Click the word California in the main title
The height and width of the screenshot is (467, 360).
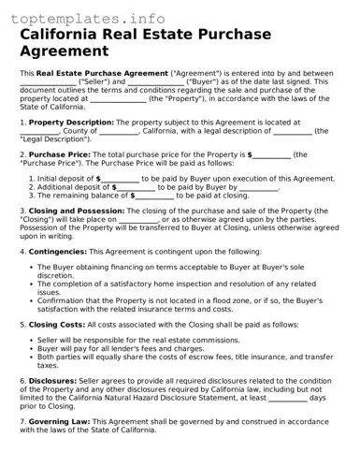pos(65,35)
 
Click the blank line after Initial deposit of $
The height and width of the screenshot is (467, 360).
pos(121,178)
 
